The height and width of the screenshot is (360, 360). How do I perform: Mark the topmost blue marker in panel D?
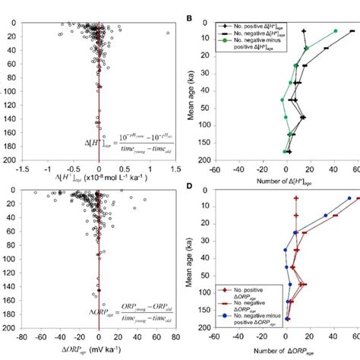coord(349,198)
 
